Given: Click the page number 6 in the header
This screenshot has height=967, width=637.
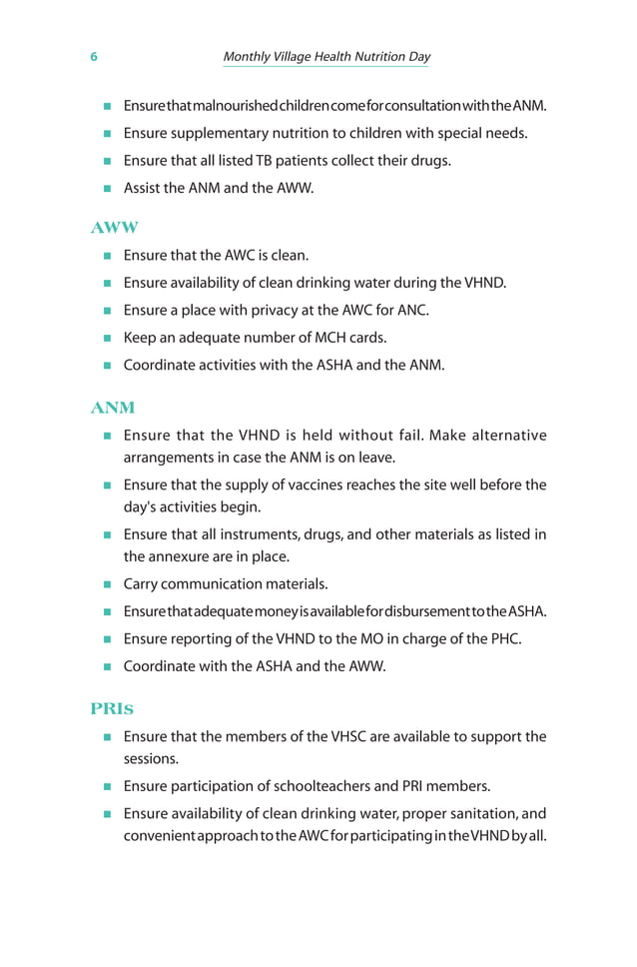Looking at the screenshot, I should click(x=94, y=57).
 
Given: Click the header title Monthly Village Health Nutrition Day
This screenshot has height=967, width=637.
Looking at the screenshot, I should click(x=326, y=57).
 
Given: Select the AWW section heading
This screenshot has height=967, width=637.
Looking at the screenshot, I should click(x=114, y=228).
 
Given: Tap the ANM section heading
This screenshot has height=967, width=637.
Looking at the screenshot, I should click(x=113, y=408).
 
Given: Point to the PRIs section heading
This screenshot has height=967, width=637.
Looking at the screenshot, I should click(x=112, y=709).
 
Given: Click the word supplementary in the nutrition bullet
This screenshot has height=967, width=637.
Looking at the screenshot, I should click(x=220, y=133).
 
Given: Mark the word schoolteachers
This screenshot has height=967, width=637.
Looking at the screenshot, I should click(x=323, y=786).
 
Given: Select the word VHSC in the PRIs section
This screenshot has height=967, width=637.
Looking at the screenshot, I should click(x=335, y=737).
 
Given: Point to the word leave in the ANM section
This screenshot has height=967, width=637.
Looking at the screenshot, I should click(x=376, y=458).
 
